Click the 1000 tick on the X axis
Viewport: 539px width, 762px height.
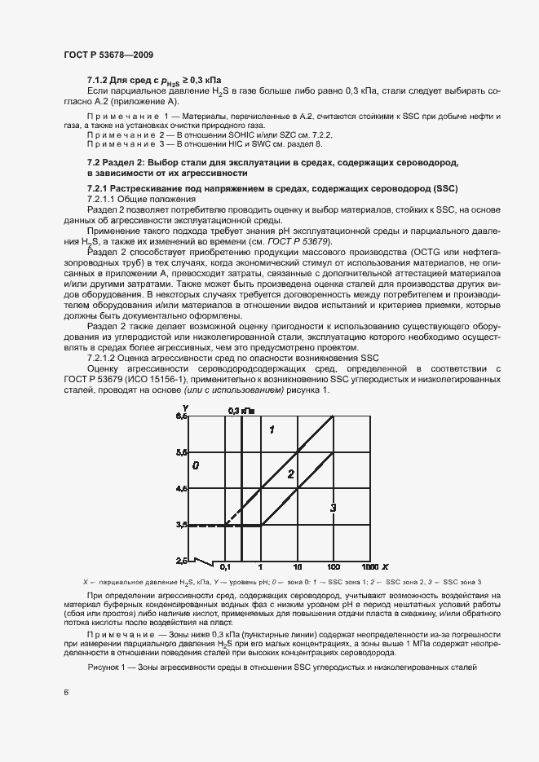[x=369, y=566]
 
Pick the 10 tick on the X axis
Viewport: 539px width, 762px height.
[x=298, y=566]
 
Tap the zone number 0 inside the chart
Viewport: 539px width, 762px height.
[x=196, y=465]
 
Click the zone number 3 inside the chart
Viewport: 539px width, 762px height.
[x=333, y=509]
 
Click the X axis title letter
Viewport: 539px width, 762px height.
[x=387, y=566]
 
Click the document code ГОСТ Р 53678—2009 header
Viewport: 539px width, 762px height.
[x=108, y=55]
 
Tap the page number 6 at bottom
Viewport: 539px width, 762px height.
[x=66, y=693]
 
